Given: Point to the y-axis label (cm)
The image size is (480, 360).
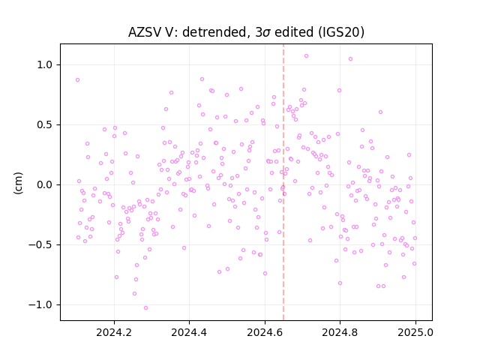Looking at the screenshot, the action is tap(18, 183).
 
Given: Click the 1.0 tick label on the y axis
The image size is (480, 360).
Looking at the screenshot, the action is tap(45, 65).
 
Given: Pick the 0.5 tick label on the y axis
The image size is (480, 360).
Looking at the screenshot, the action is tap(45, 125).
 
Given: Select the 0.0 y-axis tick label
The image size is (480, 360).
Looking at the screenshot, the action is tap(45, 185).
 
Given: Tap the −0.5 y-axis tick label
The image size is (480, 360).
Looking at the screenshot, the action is tap(41, 245).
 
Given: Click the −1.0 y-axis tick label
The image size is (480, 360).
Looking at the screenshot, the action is tap(41, 305).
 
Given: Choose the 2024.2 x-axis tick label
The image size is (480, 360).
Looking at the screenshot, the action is tap(114, 332).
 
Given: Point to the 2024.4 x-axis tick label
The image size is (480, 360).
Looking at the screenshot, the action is tap(189, 332).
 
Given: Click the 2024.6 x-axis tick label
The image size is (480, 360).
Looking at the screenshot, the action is tap(265, 332).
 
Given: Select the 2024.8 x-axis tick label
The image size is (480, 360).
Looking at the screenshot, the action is tap(340, 332).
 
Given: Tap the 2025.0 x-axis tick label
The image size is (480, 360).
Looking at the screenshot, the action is tap(415, 332).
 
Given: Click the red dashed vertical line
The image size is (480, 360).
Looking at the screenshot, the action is tap(283, 182).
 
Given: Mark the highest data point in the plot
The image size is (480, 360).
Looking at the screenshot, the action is tap(306, 56).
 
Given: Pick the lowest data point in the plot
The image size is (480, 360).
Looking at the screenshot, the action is tap(145, 308).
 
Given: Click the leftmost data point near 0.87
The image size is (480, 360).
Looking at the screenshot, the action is tap(78, 80).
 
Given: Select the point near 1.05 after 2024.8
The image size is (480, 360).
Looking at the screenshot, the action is tap(350, 59).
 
